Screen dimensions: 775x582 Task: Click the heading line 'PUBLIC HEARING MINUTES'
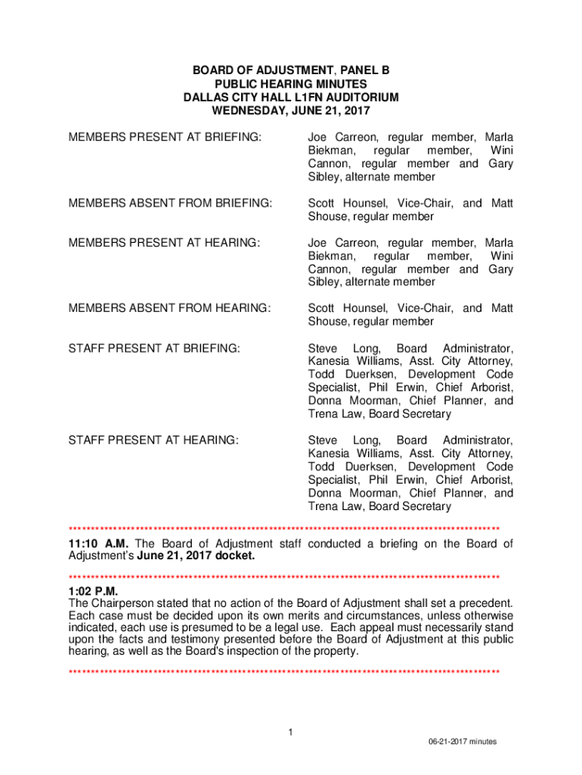(291, 84)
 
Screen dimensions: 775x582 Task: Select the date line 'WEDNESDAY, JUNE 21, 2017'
(291, 111)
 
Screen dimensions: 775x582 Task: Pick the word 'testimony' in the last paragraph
(179, 640)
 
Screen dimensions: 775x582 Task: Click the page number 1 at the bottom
(291, 731)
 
